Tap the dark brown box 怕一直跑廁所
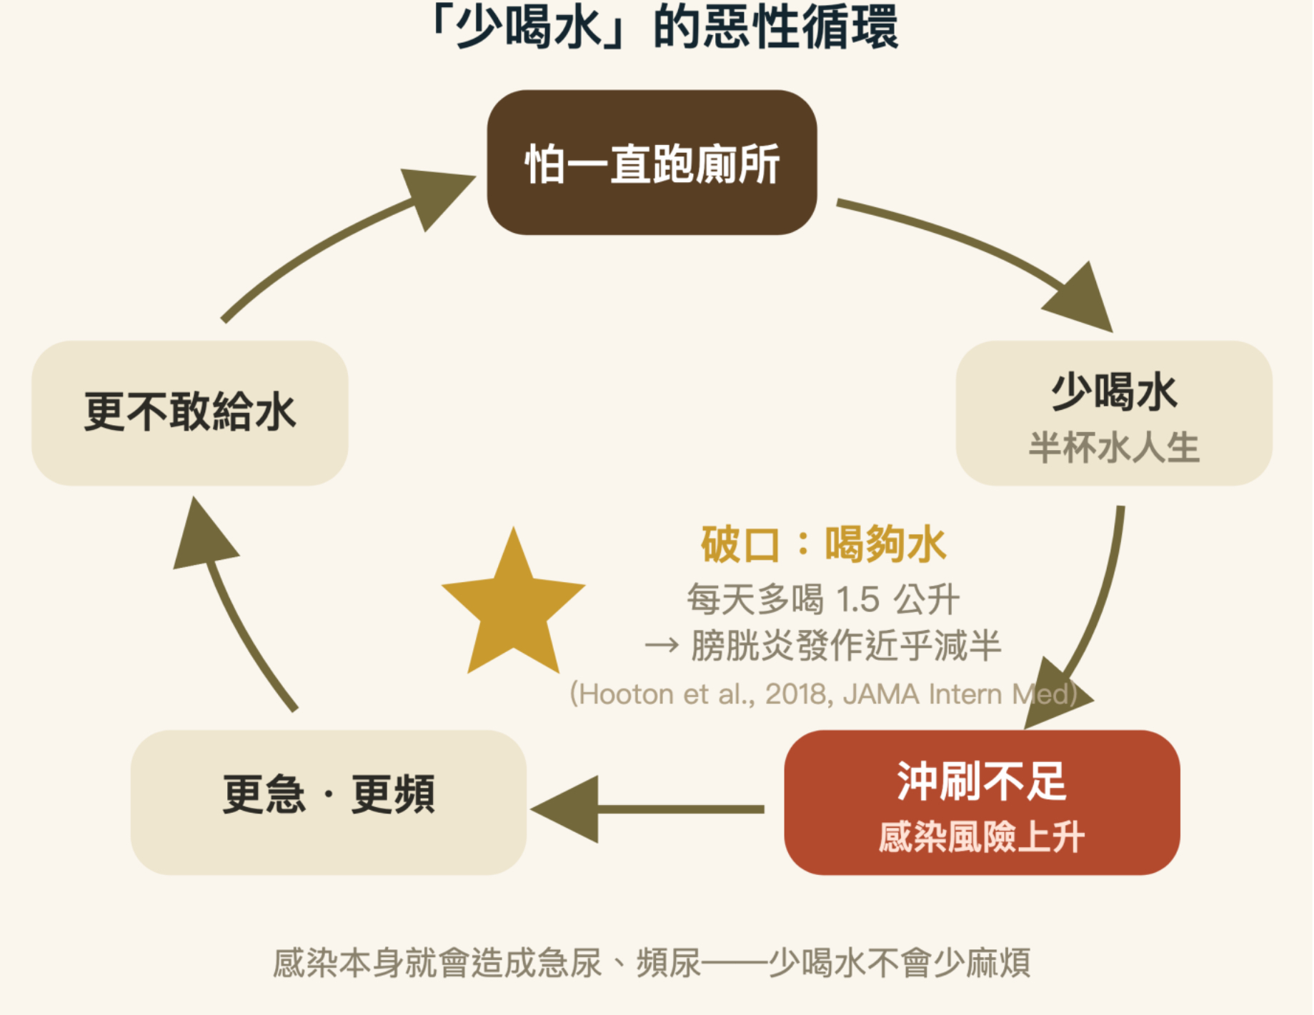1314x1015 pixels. pyautogui.click(x=652, y=162)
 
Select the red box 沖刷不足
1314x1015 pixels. pyautogui.click(x=982, y=802)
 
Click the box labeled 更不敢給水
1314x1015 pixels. pyautogui.click(x=190, y=413)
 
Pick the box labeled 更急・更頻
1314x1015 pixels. pyautogui.click(x=329, y=802)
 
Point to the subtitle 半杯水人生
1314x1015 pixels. pyautogui.click(x=1114, y=448)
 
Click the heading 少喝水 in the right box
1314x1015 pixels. pyautogui.click(x=1114, y=392)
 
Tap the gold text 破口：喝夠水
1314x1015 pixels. pyautogui.click(x=824, y=544)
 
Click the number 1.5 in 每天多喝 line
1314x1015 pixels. pyautogui.click(x=857, y=599)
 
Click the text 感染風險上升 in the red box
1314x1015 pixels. pyautogui.click(x=982, y=836)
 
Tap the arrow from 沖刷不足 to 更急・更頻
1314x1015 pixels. pyautogui.click(x=647, y=809)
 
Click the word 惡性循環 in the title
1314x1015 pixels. pyautogui.click(x=801, y=27)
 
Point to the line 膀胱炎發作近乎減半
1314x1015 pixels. pyautogui.click(x=846, y=646)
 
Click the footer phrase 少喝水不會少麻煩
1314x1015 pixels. pyautogui.click(x=900, y=963)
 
